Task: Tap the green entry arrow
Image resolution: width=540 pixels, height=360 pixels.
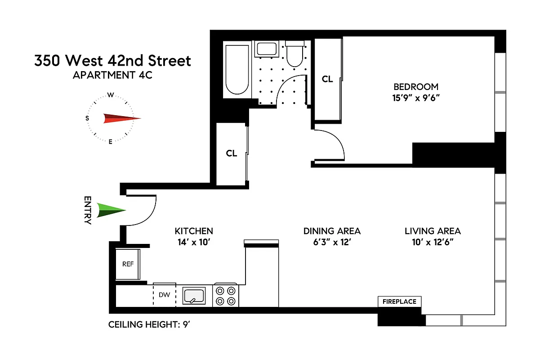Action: [111, 211]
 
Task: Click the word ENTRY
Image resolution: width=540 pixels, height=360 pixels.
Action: [88, 210]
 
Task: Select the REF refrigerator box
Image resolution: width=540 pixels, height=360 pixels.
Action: [128, 264]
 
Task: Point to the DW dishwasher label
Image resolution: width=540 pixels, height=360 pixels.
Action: [165, 295]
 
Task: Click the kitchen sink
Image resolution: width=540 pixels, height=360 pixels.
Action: [194, 296]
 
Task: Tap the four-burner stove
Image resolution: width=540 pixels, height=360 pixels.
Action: [225, 296]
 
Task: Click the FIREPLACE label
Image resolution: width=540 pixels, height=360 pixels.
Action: [399, 301]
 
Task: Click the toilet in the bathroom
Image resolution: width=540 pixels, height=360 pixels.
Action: [295, 54]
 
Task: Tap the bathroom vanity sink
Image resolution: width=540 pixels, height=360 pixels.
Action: [268, 49]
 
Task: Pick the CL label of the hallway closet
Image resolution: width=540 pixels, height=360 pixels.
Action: [231, 153]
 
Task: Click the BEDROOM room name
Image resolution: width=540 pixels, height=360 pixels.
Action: [415, 87]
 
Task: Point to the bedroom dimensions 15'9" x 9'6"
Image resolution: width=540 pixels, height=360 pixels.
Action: [416, 98]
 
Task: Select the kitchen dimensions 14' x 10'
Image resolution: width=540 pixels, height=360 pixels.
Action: [193, 242]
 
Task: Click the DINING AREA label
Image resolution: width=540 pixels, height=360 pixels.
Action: [332, 231]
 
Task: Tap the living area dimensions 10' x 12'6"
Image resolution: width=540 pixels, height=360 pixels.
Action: [433, 242]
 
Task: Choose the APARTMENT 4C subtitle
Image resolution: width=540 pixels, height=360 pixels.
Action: [112, 75]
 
